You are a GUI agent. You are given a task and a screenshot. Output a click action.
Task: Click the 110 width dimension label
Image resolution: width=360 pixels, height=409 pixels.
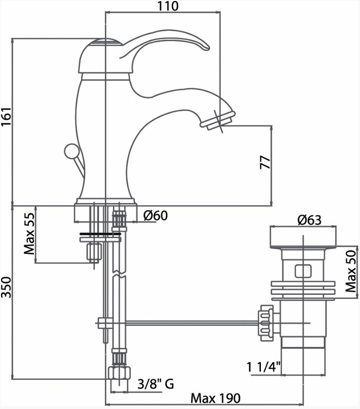tap(168, 6)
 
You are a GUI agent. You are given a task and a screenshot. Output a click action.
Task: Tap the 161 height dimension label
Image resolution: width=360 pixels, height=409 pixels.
tap(6, 116)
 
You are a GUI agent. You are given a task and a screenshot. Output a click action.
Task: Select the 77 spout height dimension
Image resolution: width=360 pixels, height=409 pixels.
tap(265, 162)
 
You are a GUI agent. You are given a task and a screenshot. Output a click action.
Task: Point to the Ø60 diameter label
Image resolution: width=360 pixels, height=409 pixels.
tap(156, 215)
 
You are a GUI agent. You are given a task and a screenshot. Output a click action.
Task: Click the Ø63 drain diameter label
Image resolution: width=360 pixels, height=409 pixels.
tap(310, 220)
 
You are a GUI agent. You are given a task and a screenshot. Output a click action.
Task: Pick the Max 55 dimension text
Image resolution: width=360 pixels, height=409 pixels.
tap(29, 233)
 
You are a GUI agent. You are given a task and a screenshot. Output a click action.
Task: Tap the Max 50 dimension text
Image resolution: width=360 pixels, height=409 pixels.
tap(351, 271)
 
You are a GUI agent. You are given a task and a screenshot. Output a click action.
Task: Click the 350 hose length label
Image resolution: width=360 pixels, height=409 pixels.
tap(6, 287)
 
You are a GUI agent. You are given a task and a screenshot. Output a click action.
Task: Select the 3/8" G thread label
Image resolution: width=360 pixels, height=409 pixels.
tap(156, 384)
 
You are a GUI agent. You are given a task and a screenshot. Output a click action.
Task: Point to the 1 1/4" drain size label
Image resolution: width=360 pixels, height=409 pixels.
tap(263, 367)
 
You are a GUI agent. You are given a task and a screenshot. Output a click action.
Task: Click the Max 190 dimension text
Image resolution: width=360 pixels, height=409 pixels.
tap(216, 398)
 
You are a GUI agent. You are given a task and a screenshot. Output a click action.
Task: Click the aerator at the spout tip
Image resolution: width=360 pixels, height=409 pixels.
tap(218, 121)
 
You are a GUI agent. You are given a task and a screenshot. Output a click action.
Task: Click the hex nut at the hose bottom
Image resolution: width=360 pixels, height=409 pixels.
tap(119, 373)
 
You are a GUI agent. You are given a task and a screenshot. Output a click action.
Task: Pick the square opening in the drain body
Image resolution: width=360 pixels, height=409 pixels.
tap(303, 271)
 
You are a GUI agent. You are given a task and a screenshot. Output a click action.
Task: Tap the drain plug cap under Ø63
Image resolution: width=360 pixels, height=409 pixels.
tap(303, 237)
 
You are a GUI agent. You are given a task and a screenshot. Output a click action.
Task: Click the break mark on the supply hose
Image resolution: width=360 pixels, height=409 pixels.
tap(119, 274)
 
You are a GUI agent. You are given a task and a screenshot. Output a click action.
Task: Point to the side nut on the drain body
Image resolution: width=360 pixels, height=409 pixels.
tap(266, 323)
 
